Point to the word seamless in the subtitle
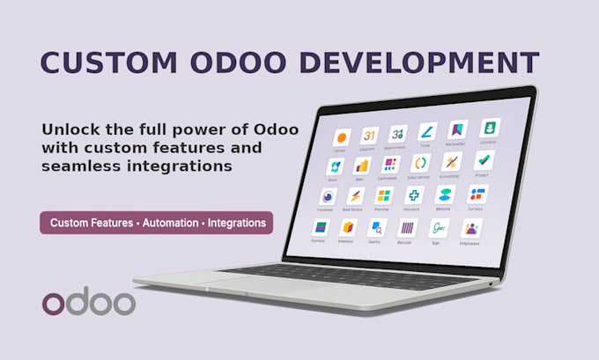82,165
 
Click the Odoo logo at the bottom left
88,302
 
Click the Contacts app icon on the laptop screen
489,129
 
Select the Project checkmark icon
484,160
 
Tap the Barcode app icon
404,228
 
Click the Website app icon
445,195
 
